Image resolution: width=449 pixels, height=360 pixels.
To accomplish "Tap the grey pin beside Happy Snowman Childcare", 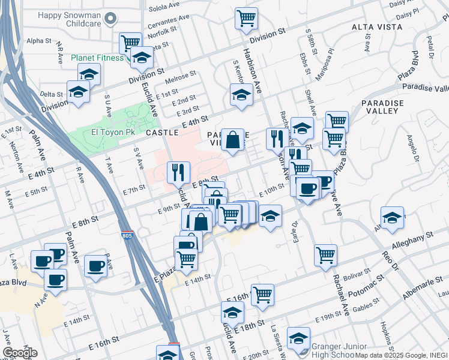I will coord(109,19).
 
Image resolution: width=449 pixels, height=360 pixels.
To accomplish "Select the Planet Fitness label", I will coord(97,58).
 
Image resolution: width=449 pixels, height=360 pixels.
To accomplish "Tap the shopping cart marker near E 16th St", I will coord(262,295).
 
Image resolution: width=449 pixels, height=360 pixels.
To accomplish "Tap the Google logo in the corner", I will coord(20,353).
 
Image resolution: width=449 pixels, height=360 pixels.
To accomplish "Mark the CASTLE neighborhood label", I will coord(162,132).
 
